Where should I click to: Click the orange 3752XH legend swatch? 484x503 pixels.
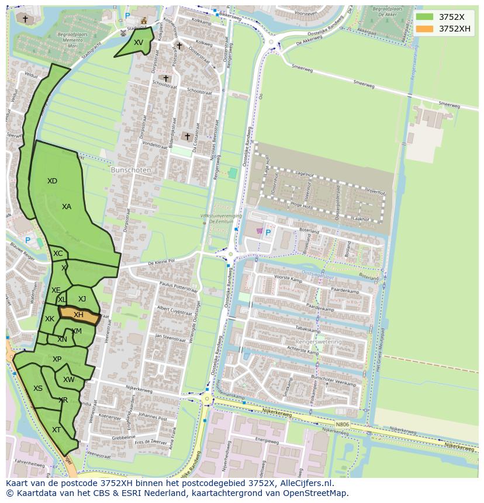425,29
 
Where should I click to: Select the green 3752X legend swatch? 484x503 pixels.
425,16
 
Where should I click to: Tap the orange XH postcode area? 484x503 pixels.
78,314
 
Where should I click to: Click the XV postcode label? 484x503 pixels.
138,43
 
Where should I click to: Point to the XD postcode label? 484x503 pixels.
52,181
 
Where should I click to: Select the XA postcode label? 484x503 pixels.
67,207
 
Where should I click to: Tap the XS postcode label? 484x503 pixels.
37,388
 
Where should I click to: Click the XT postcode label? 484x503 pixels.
56,429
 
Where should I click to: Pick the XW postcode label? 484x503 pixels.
69,380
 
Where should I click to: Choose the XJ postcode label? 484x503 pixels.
82,299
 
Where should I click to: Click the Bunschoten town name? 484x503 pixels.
131,170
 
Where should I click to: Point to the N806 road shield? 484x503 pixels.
343,425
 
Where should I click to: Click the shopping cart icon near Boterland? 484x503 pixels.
259,231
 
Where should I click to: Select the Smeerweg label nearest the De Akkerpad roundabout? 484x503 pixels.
302,68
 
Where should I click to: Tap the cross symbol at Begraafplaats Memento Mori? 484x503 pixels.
25,19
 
